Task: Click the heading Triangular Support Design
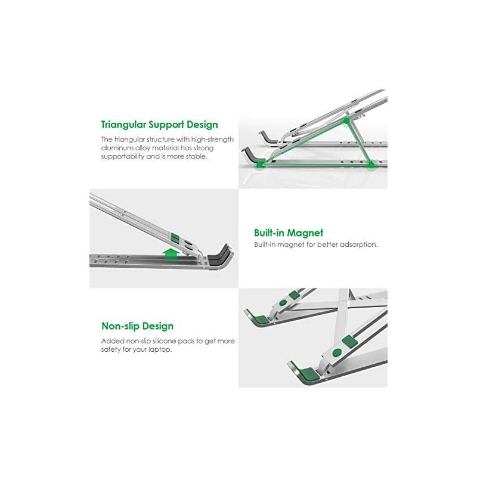pos(159,125)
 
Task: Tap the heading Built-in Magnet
pos(289,233)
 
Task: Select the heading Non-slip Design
pos(137,326)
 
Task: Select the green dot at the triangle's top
pos(346,121)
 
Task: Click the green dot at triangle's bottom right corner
pos(371,165)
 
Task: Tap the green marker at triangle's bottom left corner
pos(259,165)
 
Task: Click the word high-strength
pos(212,140)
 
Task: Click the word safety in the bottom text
pos(111,350)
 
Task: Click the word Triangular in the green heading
pos(123,125)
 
